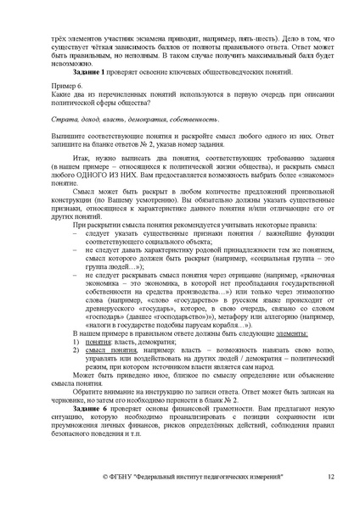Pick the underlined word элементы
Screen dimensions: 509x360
(245, 335)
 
